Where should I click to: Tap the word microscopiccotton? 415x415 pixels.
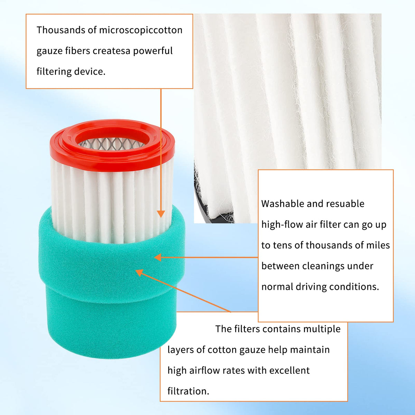pos(141,30)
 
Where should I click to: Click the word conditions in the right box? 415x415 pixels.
pos(354,287)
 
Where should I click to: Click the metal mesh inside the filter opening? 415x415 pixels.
pos(111,144)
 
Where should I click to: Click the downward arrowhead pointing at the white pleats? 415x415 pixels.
pos(161,214)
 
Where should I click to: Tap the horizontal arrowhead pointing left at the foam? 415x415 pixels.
pos(158,257)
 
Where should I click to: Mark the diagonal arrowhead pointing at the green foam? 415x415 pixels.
pos(140,273)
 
